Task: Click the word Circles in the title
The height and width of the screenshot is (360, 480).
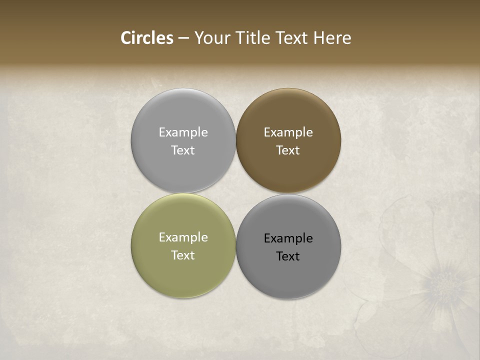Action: point(147,38)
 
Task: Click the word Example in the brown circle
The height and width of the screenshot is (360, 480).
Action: point(288,132)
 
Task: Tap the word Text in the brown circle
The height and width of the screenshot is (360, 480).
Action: point(288,150)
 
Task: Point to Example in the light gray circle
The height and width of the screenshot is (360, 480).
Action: point(183,132)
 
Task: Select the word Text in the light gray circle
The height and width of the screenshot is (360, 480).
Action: point(183,150)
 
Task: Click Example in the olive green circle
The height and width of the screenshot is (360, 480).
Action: point(183,237)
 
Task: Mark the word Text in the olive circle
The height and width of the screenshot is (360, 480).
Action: point(183,255)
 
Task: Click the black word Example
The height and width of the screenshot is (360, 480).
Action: point(288,238)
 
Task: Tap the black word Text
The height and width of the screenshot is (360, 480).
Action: point(288,256)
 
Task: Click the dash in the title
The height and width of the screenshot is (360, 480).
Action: point(183,38)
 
